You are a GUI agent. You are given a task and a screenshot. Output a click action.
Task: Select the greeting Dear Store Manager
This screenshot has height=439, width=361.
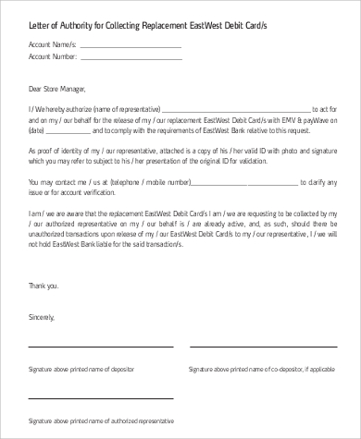pos(56,90)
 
